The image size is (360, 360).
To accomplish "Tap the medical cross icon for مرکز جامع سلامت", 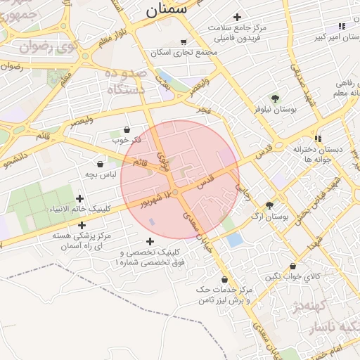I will point(237,17).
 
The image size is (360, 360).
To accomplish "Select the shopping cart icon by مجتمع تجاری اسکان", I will point(184,42).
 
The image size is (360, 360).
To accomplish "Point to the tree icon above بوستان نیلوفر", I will point(275,99).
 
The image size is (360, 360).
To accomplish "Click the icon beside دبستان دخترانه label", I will point(318,139).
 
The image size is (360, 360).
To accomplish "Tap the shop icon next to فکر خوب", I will point(127,129).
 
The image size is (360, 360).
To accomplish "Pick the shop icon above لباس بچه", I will point(101,164).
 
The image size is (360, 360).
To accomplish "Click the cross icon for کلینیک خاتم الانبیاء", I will point(79,199).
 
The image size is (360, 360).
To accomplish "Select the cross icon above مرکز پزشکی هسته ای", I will point(82,226).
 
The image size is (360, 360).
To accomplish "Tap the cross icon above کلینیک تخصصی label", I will point(150,241).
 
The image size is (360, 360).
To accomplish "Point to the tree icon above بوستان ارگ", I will point(269,205).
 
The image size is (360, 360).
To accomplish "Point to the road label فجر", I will point(202,110).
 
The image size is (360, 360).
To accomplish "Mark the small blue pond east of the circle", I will point(234,239).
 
